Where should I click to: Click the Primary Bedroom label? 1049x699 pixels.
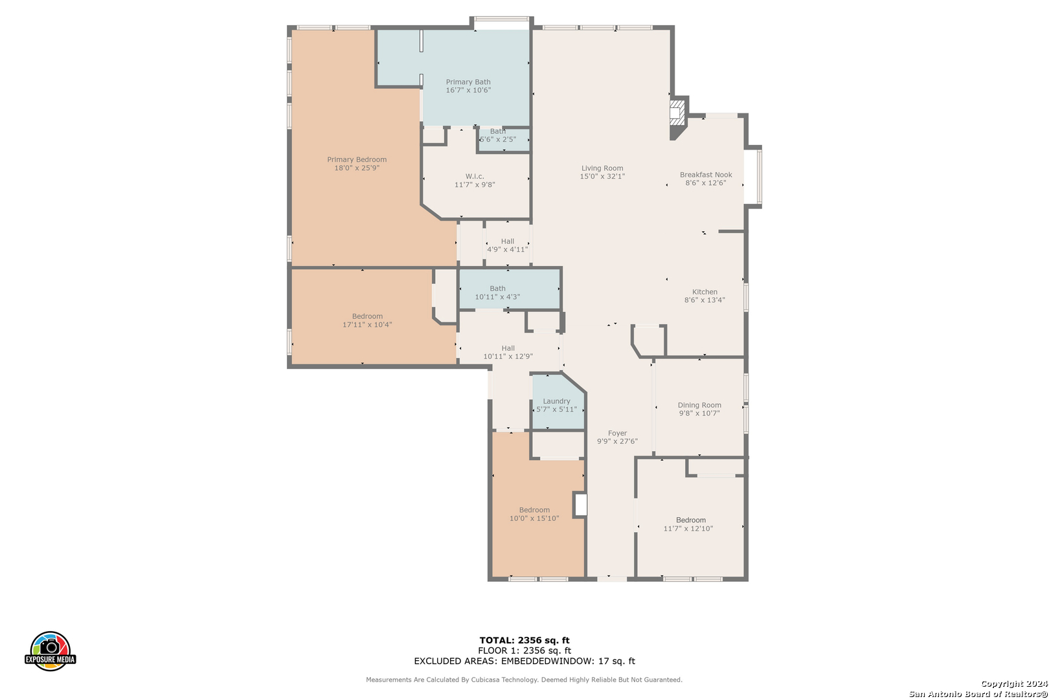click(357, 160)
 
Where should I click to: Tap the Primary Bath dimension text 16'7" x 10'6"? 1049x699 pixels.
click(468, 90)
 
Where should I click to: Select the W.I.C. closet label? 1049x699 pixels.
click(475, 177)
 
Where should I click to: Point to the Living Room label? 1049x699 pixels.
click(602, 168)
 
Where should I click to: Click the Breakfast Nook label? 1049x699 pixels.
click(706, 175)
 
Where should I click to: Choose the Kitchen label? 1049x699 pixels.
click(705, 292)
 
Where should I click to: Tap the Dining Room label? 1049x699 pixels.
click(699, 405)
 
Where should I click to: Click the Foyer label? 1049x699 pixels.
click(617, 433)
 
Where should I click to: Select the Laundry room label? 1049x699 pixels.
click(556, 401)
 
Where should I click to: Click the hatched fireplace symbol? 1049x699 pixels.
click(677, 113)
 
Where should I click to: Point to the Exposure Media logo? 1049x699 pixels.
click(50, 650)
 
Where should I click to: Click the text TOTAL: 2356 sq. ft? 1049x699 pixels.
click(524, 640)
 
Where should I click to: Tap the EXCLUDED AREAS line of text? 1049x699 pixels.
click(524, 661)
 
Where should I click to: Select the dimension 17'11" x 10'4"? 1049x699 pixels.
click(367, 324)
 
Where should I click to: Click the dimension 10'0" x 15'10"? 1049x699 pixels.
click(534, 518)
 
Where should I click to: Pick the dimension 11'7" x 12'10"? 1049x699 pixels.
click(688, 529)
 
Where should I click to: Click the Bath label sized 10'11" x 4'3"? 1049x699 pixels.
click(497, 289)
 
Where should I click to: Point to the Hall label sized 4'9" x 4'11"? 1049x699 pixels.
click(508, 241)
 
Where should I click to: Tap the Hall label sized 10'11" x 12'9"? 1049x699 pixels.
click(508, 348)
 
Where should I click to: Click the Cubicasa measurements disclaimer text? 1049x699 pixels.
click(524, 680)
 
